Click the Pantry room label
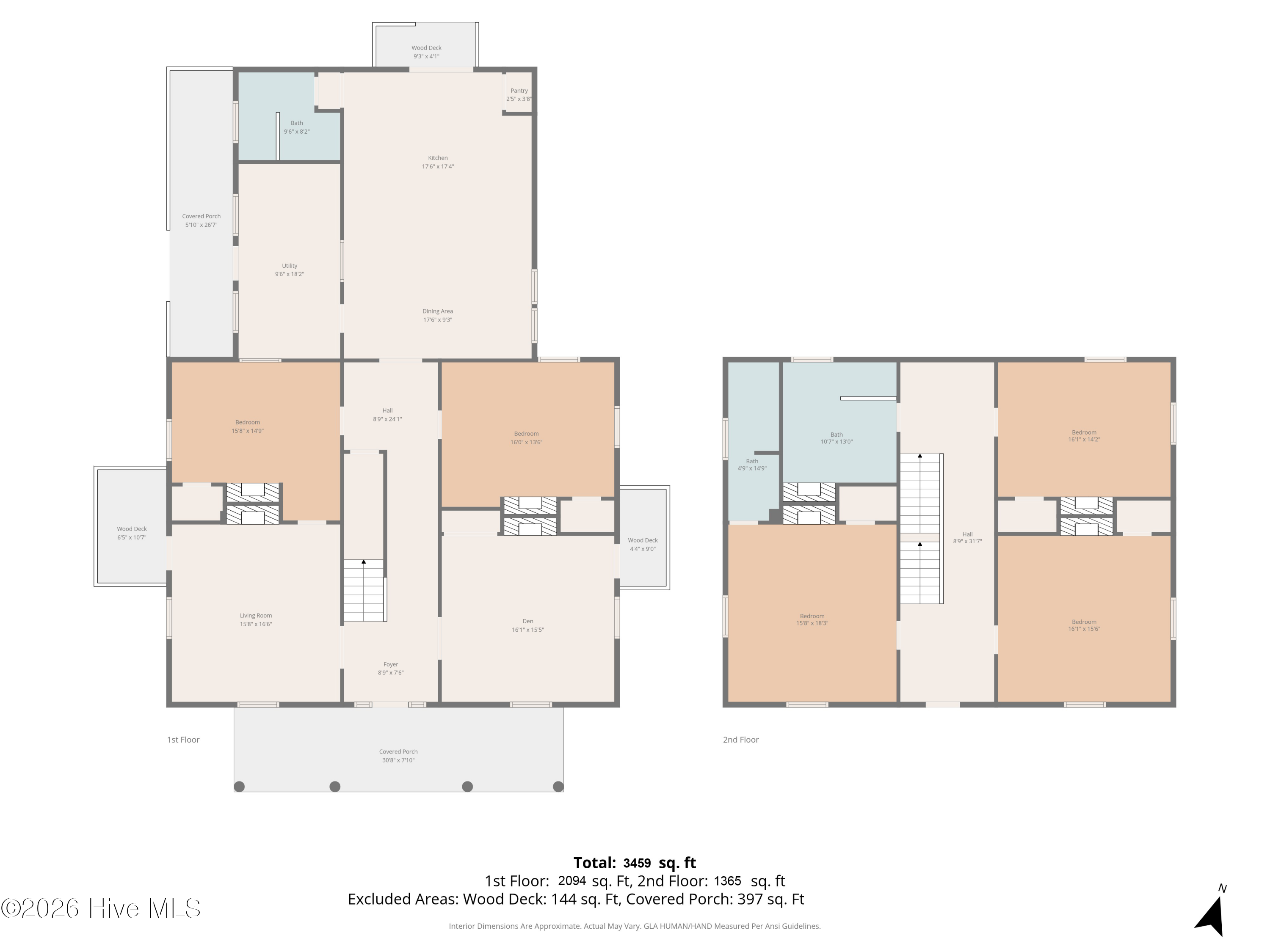(519, 91)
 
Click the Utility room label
(290, 266)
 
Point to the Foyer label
(390, 665)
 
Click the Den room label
(527, 621)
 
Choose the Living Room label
(256, 616)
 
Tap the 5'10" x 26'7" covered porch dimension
(201, 225)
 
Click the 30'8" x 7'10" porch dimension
(398, 760)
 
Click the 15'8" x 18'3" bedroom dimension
(812, 623)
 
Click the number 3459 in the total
(637, 863)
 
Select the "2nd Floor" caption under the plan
(741, 740)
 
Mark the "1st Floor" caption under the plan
(183, 740)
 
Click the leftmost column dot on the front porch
(240, 787)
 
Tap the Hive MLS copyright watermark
(101, 908)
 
